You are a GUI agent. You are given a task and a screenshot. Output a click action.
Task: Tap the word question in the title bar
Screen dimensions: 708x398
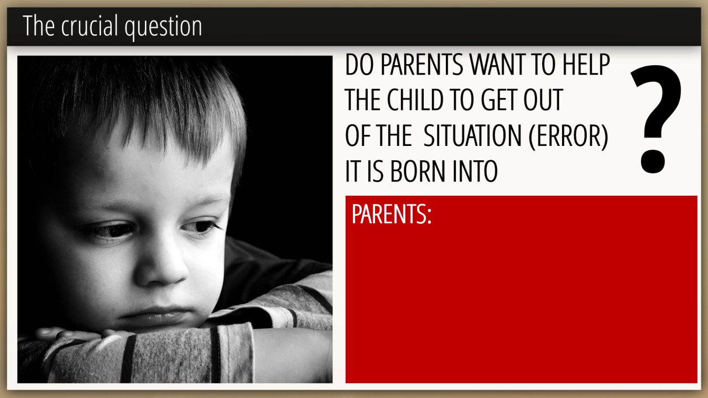pyautogui.click(x=163, y=28)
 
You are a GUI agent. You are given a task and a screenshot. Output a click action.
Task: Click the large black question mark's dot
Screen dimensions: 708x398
pyautogui.click(x=653, y=161)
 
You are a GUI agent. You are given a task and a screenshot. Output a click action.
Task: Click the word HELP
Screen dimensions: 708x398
pyautogui.click(x=586, y=65)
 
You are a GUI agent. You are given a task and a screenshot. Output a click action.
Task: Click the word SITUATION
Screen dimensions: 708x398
pyautogui.click(x=472, y=135)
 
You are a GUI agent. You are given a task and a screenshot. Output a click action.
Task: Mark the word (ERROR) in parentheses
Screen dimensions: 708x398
pyautogui.click(x=568, y=136)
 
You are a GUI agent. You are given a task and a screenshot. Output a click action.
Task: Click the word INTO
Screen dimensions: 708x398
pyautogui.click(x=475, y=171)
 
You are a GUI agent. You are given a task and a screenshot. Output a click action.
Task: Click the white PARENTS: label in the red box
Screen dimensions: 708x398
pyautogui.click(x=391, y=214)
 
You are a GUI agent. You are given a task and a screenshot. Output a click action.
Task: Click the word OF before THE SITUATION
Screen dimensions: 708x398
pyautogui.click(x=357, y=135)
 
